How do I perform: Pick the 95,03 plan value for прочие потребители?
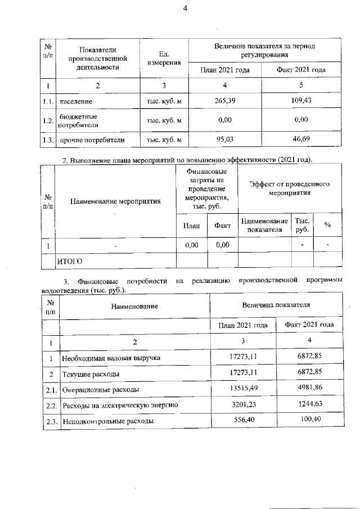pos(224,139)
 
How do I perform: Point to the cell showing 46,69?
pos(301,139)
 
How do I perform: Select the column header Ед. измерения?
pos(164,58)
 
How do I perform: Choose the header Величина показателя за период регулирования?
pos(265,51)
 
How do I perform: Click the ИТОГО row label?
pos(70,260)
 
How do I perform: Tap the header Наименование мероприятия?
pos(116,201)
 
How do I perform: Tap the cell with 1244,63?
pos(306,404)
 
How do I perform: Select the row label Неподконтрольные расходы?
pos(107,421)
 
